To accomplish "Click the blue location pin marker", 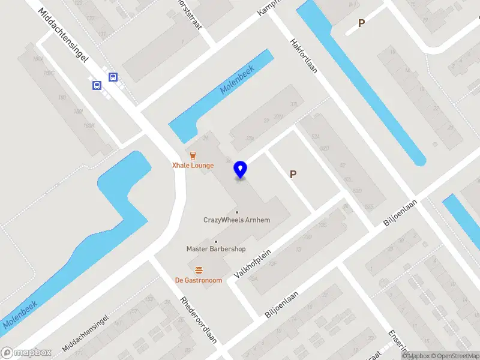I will (241, 170).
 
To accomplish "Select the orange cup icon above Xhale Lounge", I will (193, 155).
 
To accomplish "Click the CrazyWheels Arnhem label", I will (237, 220).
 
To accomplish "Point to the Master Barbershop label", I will (216, 249).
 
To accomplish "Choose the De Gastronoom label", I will (199, 280).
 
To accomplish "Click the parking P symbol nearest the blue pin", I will (293, 175).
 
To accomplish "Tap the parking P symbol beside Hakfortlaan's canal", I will (361, 23).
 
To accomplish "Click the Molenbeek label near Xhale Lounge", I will (238, 79).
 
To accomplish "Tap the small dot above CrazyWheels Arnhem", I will (237, 212).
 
